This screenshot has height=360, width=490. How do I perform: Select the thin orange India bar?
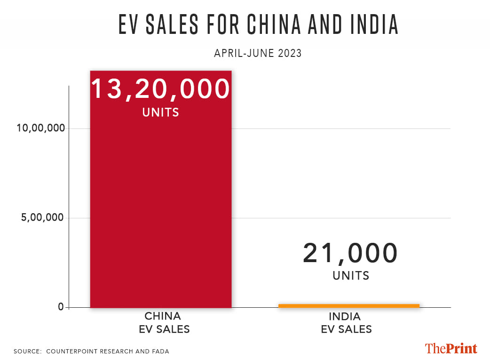coord(348,306)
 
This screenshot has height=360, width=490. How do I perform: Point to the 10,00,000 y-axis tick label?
coord(41,129)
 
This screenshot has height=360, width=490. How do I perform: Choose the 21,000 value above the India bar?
coord(350,253)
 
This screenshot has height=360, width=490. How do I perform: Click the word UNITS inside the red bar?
coord(160,112)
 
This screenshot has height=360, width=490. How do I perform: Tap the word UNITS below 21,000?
coord(351,275)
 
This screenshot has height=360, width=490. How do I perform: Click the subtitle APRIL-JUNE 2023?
coord(258,53)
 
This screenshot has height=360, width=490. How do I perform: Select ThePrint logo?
coord(451,348)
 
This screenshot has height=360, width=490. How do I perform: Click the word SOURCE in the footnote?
coord(27,352)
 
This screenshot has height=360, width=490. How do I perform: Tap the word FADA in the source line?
coord(160,352)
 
